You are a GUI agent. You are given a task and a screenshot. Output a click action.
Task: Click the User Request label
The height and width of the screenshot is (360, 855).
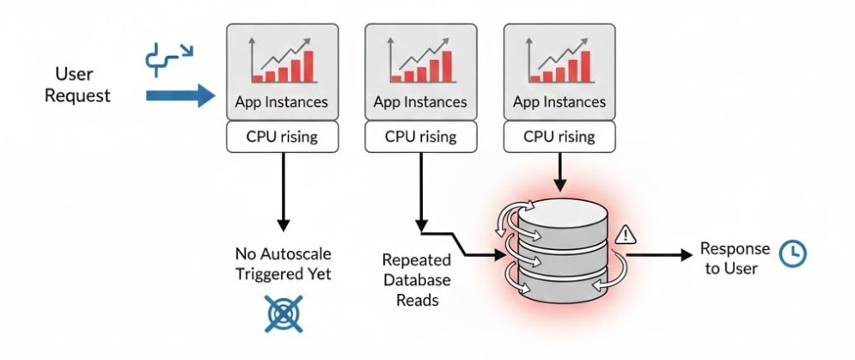(77, 84)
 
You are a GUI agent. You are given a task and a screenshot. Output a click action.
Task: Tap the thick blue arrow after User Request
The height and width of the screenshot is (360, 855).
(180, 95)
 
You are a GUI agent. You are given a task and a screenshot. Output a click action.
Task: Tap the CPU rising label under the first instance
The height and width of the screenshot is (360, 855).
(281, 137)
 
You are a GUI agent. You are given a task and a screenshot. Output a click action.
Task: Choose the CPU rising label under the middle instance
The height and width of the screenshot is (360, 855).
(420, 137)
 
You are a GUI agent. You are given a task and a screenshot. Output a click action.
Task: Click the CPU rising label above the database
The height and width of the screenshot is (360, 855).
(559, 137)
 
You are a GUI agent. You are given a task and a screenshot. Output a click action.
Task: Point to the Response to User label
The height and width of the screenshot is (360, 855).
(735, 258)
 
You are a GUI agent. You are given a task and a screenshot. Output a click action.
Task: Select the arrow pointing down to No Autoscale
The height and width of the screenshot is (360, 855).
(281, 193)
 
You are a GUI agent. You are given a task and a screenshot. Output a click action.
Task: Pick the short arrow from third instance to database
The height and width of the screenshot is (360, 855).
(559, 172)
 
